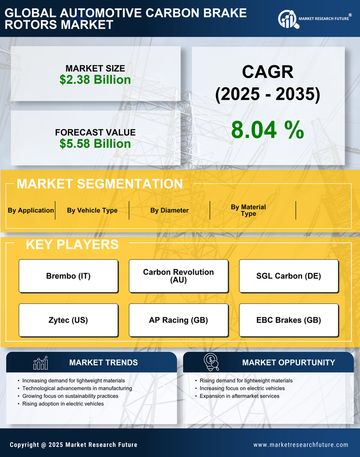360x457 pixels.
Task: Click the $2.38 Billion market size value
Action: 95,80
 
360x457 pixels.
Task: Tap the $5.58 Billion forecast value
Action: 95,144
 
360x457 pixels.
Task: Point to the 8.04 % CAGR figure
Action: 267,130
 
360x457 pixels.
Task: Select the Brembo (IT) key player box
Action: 68,276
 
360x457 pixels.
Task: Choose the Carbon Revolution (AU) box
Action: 178,276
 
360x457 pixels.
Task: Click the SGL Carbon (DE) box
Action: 289,276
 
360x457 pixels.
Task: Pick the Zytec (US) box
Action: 68,320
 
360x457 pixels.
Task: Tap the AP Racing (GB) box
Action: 178,320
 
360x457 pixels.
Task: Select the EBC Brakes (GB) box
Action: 289,320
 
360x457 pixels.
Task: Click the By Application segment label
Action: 31,210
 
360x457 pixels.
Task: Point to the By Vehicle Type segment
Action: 92,210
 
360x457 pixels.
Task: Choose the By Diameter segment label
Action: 169,210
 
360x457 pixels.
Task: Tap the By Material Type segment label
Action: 248,210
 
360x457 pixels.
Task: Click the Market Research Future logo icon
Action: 287,19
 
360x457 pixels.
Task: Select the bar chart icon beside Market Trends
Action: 40,363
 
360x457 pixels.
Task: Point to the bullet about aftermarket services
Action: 239,396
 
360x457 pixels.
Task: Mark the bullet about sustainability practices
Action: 70,396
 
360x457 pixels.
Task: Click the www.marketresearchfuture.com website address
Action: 301,445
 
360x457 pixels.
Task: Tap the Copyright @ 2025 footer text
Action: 73,445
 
